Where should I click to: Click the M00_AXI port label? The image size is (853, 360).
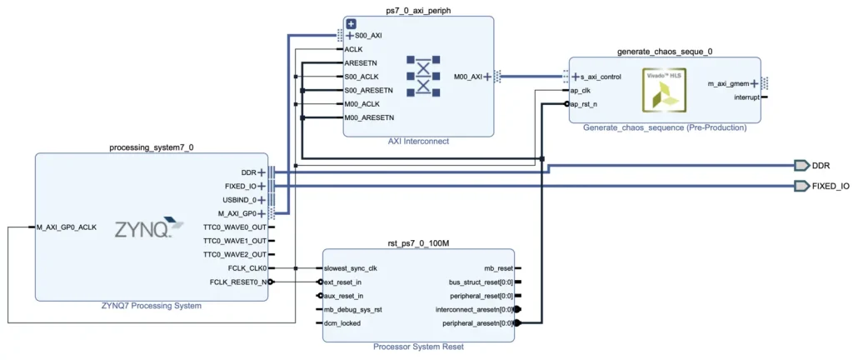(467, 77)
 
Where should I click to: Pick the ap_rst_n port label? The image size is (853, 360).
(583, 104)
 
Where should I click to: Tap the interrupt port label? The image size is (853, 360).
(745, 97)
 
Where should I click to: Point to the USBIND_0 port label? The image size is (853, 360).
(236, 200)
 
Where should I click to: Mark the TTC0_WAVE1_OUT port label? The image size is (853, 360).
(234, 241)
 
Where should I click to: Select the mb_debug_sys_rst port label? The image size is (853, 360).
(355, 309)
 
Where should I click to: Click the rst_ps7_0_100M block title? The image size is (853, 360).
(418, 242)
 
